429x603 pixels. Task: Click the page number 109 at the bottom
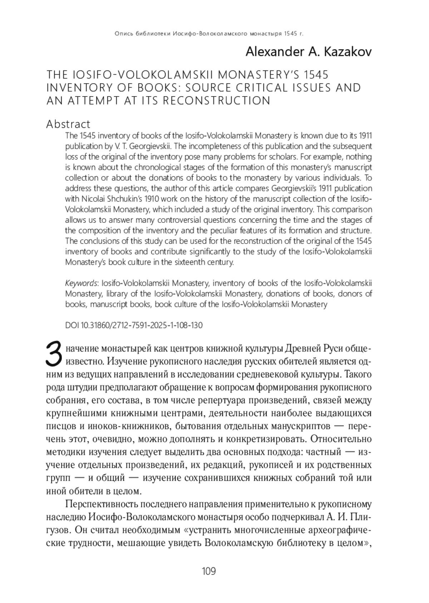209,571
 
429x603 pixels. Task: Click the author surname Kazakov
347,52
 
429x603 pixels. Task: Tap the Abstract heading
68,124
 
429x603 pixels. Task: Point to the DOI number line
134,325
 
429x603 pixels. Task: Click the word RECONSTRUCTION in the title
217,101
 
